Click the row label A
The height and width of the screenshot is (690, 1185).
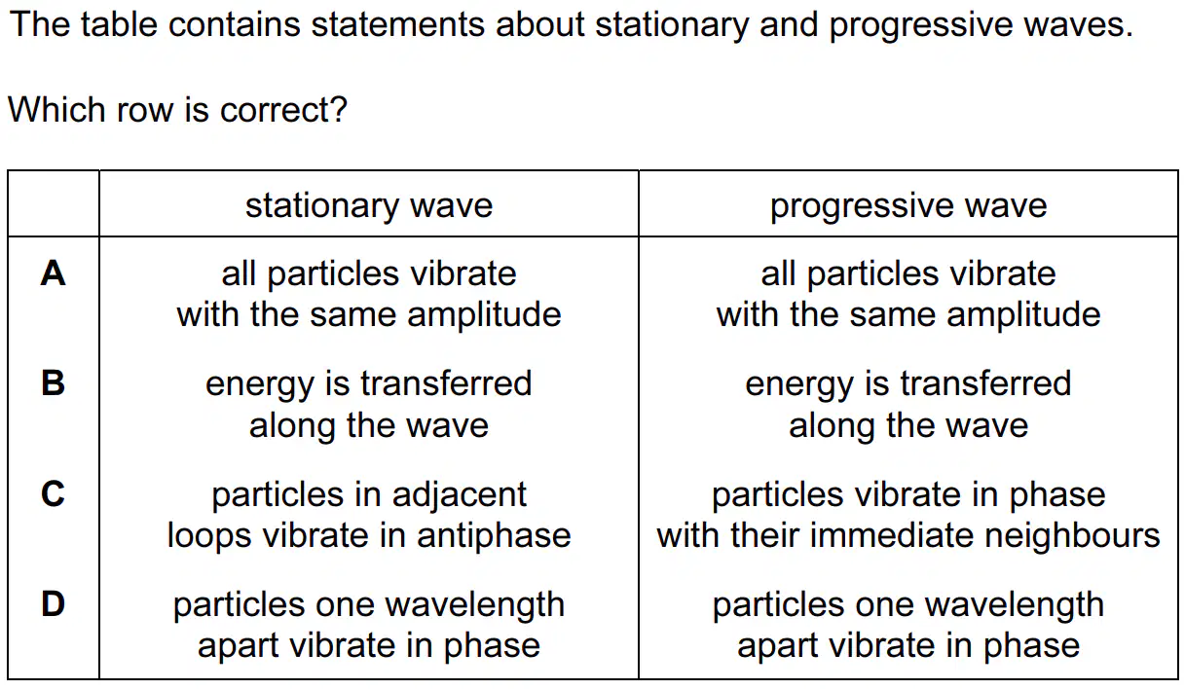53,273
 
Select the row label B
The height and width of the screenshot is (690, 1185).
53,382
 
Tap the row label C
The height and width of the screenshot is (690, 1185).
53,493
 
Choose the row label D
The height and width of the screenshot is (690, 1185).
53,603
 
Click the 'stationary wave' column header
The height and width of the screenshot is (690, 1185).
369,205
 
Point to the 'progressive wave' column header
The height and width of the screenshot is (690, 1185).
908,205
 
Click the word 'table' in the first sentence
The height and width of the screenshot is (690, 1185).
119,23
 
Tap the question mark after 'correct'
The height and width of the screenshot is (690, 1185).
339,109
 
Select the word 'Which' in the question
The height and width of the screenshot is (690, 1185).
56,109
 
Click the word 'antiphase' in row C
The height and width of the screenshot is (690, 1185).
494,535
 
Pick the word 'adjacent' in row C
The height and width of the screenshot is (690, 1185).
460,495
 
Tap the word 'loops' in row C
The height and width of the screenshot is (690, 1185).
209,535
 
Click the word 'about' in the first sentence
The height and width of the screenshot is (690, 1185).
539,24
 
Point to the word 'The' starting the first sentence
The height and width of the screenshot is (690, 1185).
40,23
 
